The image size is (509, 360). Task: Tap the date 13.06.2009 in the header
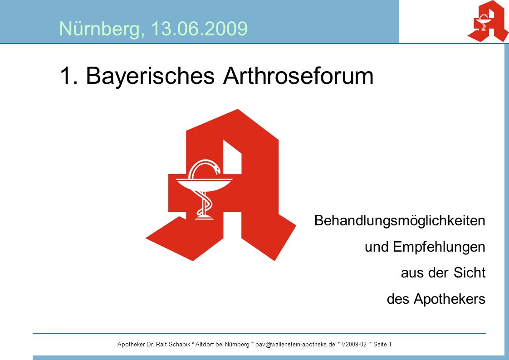(x=199, y=29)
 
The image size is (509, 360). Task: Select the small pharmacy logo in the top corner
(x=488, y=21)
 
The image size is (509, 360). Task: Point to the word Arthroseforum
(x=299, y=76)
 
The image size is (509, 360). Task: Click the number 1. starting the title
(x=69, y=76)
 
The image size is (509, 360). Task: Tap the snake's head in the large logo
(x=215, y=169)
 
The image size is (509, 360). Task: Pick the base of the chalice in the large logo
(x=204, y=217)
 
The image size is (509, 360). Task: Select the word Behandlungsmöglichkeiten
(x=400, y=221)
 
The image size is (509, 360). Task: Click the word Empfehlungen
(x=439, y=247)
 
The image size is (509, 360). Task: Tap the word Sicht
(x=470, y=272)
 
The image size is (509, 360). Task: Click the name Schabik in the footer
(x=180, y=345)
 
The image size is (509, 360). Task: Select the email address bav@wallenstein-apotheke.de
(x=295, y=345)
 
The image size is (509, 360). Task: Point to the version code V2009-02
(x=354, y=345)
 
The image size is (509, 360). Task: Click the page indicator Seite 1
(x=382, y=345)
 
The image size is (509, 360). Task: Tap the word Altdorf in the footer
(x=205, y=345)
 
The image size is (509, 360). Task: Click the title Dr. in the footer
(x=150, y=345)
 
